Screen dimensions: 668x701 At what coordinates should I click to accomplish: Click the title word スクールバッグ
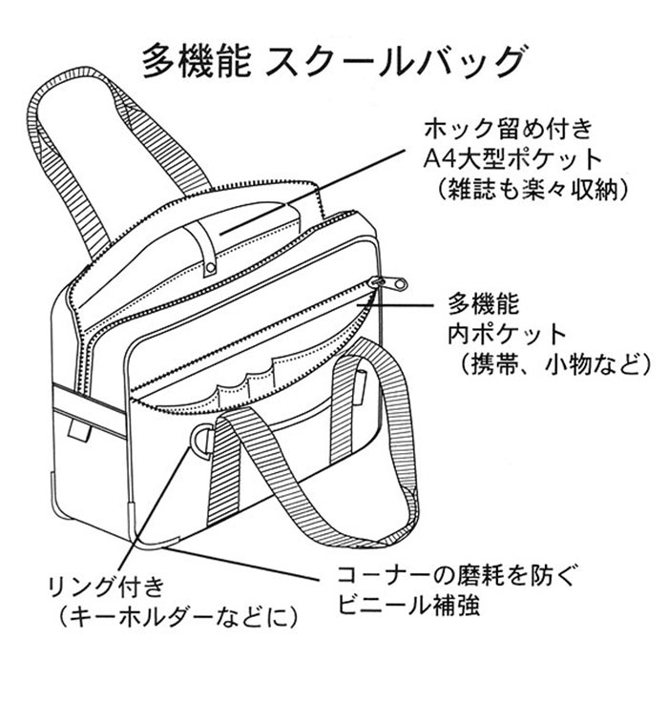(394, 62)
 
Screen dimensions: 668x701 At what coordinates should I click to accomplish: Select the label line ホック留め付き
(509, 129)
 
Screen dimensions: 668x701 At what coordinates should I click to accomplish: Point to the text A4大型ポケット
(511, 159)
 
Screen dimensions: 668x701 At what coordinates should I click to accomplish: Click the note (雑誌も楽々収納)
(530, 190)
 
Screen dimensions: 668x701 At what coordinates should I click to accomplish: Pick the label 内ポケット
(507, 334)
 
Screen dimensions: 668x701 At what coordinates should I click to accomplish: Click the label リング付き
(106, 587)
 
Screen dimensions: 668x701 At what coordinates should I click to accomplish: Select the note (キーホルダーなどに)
(177, 617)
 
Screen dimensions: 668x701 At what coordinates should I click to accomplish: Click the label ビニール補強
(408, 605)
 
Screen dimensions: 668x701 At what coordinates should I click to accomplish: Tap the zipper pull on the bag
(387, 283)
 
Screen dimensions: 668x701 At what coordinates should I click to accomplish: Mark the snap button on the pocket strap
(210, 268)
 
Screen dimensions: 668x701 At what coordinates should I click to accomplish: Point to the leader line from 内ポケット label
(396, 305)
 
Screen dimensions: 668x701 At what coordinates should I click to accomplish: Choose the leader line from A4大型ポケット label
(312, 193)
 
